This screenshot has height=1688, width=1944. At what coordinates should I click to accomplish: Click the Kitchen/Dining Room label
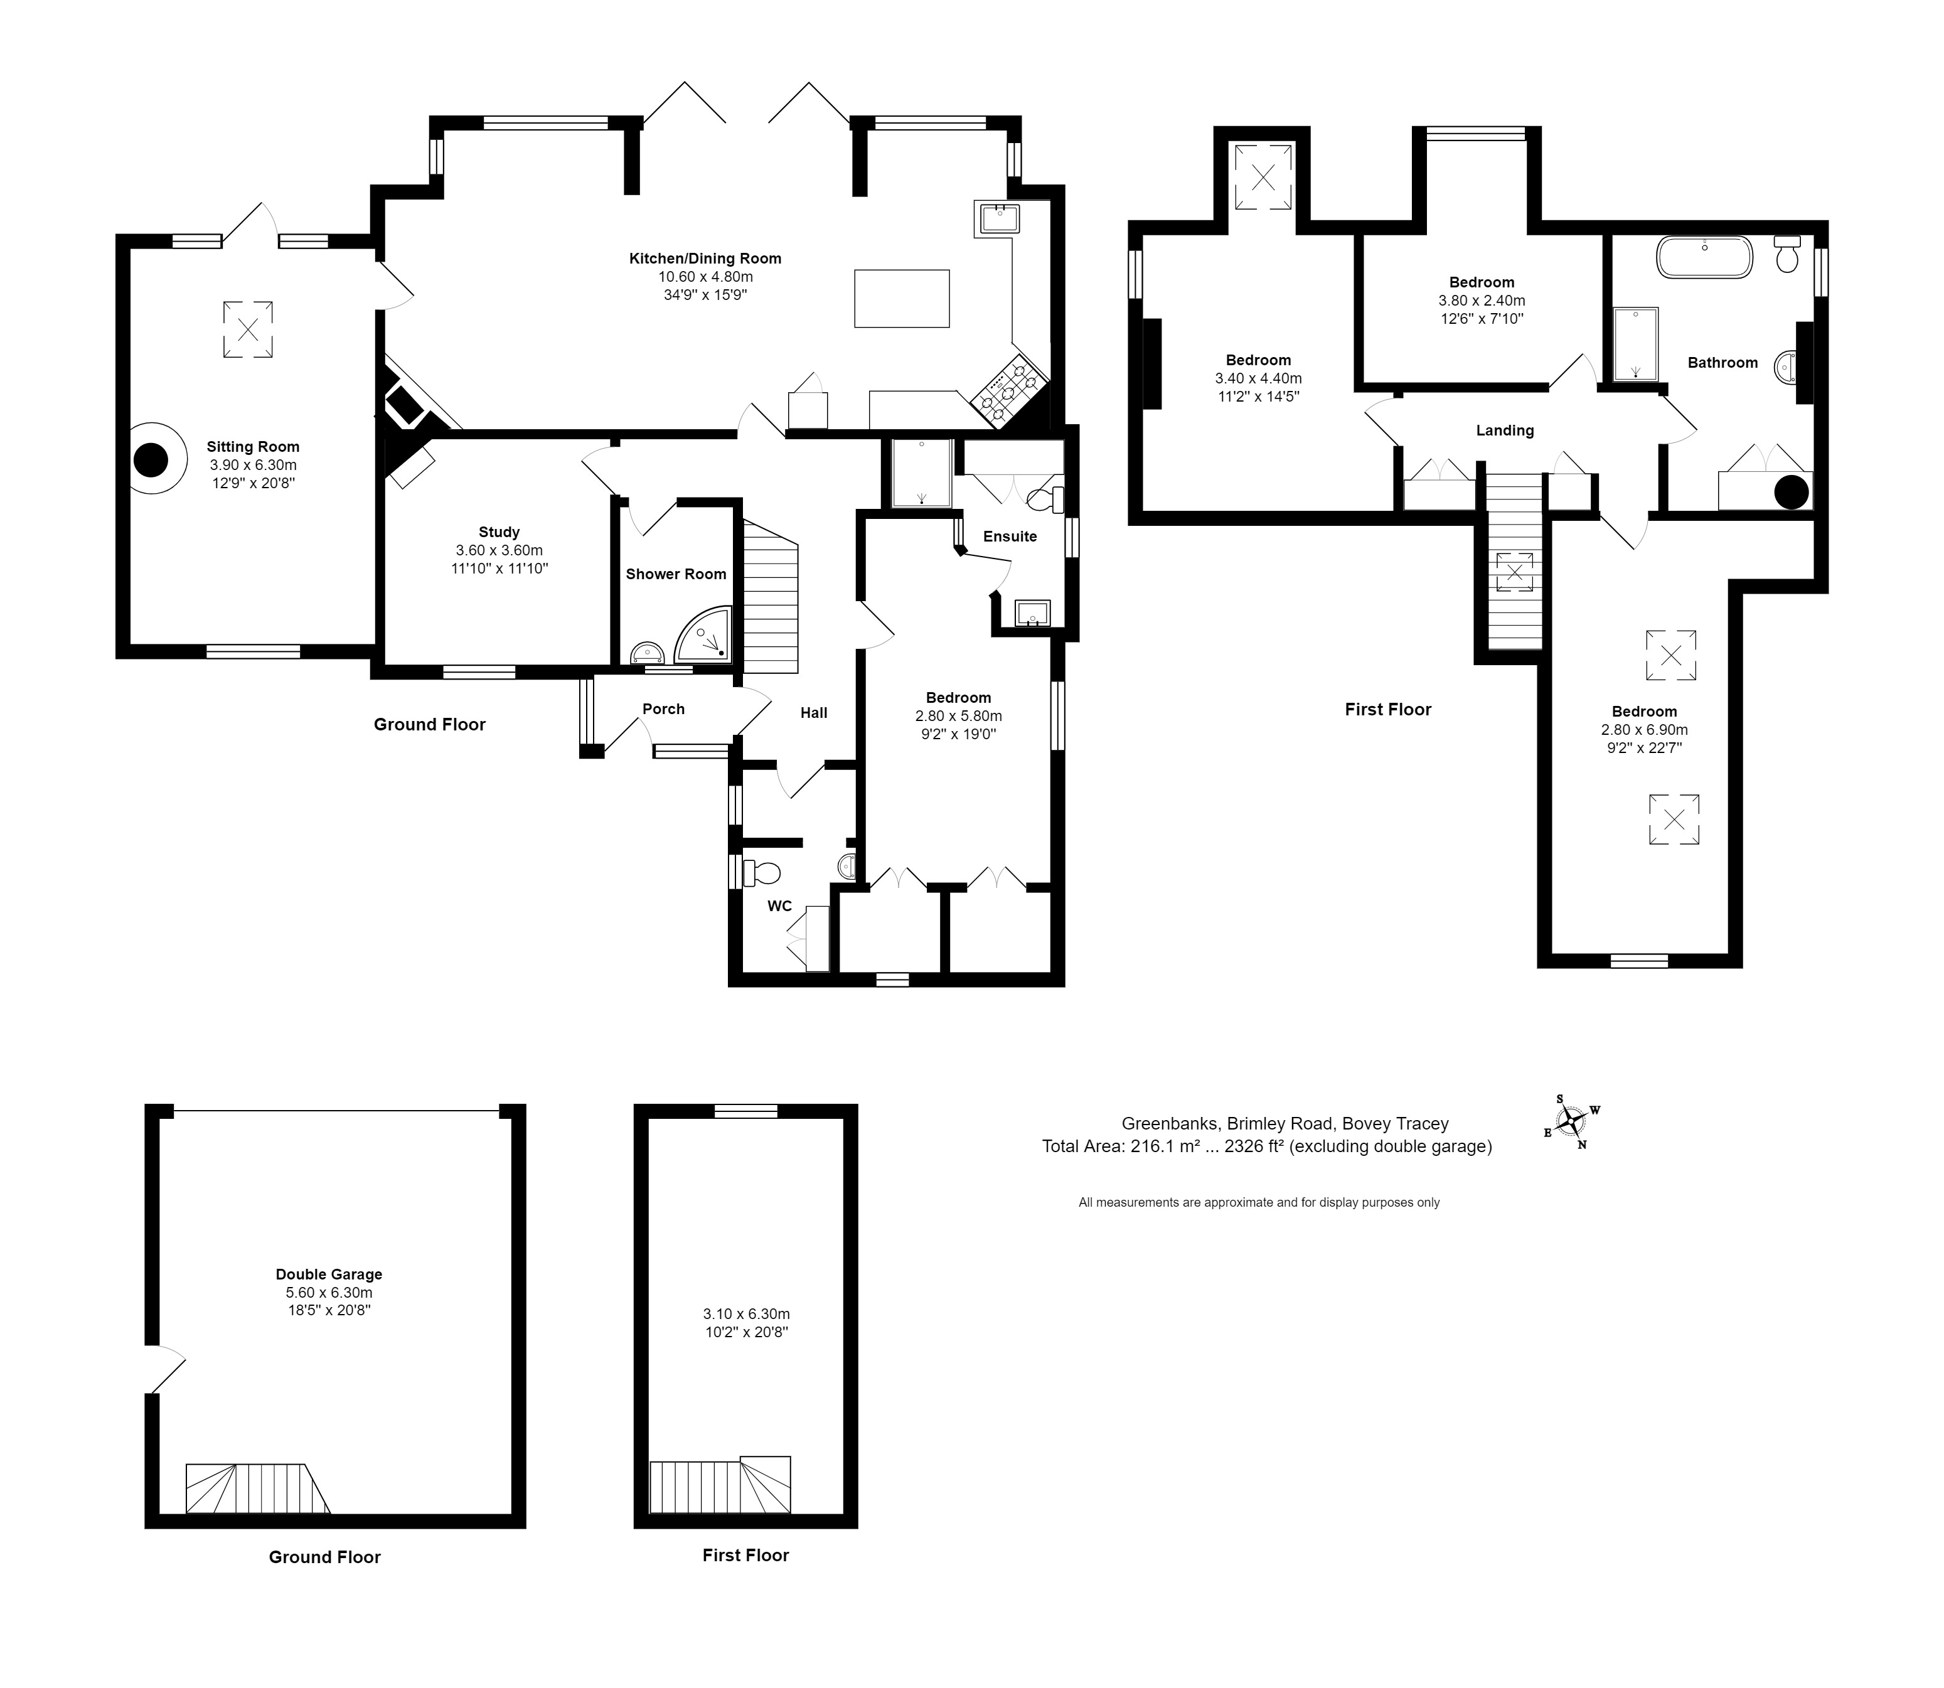pos(705,258)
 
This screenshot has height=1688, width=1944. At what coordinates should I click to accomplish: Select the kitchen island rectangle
pos(901,299)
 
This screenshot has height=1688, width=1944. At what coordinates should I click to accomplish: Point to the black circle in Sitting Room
pos(151,460)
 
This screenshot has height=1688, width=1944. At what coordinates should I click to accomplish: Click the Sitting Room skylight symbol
pos(248,329)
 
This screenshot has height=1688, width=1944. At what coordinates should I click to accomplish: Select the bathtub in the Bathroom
pos(1705,257)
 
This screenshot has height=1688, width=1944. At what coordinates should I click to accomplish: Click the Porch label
pos(663,709)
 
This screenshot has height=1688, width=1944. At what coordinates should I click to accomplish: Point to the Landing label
pos(1504,430)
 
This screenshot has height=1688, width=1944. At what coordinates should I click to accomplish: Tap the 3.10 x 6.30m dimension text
pos(746,1314)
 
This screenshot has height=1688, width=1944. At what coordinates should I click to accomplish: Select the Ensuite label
pos(1010,536)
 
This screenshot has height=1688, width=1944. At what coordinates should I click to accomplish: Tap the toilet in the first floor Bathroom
pos(1786,254)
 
